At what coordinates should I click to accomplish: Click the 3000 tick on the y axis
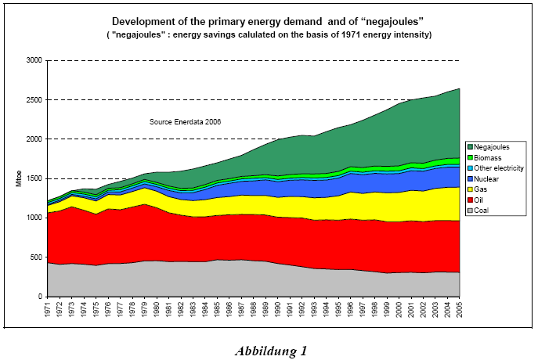(x=33, y=60)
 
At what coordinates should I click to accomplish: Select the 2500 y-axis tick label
(x=33, y=99)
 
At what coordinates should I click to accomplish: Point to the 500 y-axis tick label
(x=35, y=257)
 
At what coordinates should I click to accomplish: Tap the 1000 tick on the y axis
(x=33, y=218)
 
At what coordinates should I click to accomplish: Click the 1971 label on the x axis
(x=49, y=311)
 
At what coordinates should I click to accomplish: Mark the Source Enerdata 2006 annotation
(x=186, y=122)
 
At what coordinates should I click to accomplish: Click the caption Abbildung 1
(x=270, y=351)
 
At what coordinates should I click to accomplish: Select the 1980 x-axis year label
(x=157, y=311)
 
